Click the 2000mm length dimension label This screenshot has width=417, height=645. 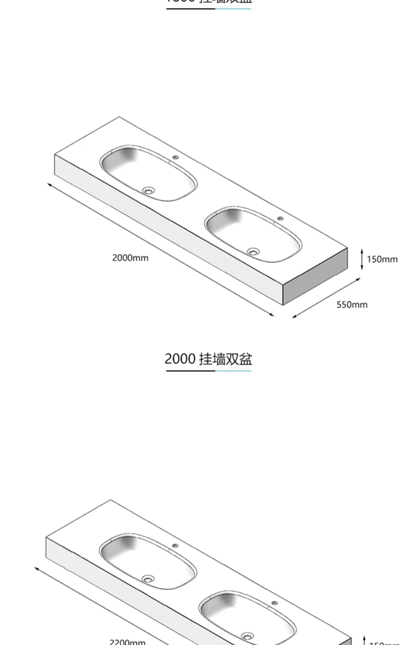click(130, 258)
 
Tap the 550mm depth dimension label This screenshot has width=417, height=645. click(352, 305)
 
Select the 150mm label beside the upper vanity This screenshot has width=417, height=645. click(382, 259)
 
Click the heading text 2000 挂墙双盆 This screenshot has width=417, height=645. click(209, 359)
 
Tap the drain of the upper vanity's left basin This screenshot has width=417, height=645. click(148, 190)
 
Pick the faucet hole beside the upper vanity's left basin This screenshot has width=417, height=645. click(175, 157)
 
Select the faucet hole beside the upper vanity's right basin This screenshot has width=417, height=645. click(280, 219)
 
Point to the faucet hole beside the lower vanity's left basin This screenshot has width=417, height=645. click(175, 546)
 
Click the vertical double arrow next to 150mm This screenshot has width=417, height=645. click(362, 259)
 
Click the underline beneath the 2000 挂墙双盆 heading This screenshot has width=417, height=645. click(209, 371)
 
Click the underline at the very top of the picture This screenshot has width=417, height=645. click(209, 9)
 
